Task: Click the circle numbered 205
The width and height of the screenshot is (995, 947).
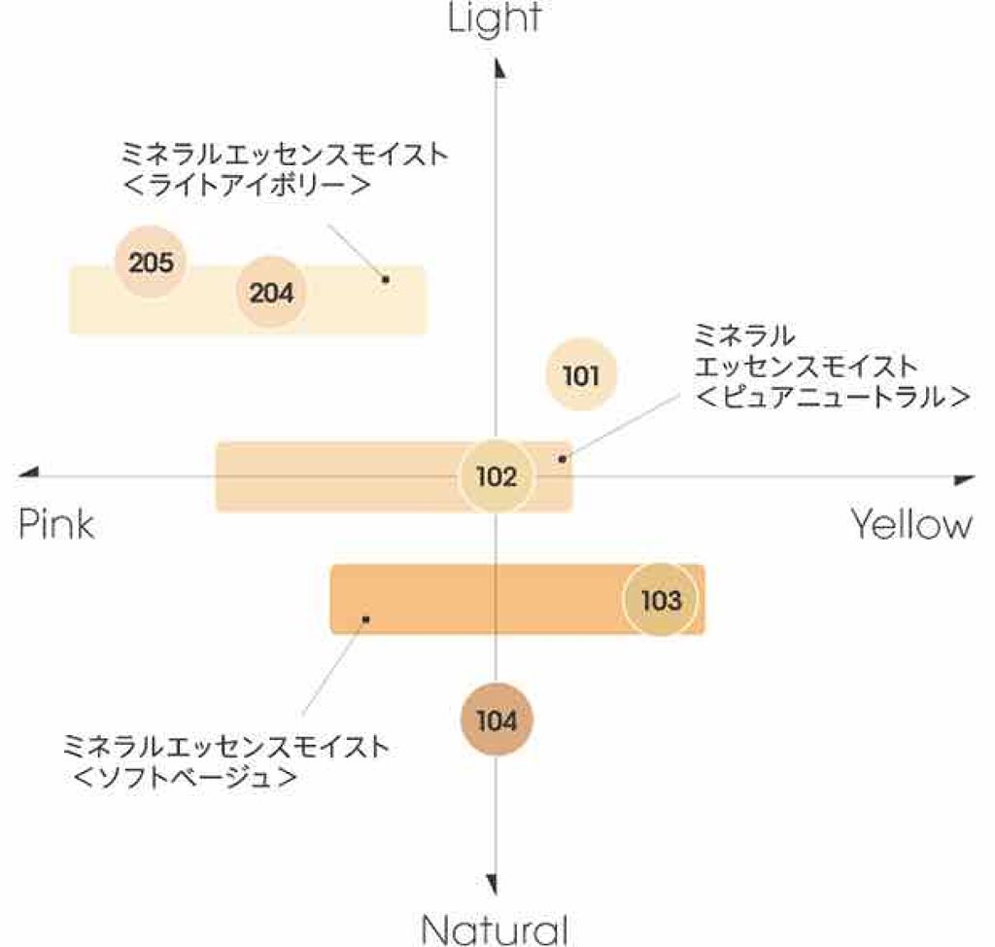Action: pos(151,262)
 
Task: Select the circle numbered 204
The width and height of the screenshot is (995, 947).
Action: pos(271,292)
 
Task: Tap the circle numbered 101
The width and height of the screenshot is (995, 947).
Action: pos(580,375)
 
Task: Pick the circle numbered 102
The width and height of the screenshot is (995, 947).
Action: pos(497,476)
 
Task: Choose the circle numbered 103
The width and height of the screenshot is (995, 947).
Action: pos(661,600)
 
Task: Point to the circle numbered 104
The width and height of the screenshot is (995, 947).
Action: pos(497,720)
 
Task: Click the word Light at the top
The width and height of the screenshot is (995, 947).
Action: pos(495,18)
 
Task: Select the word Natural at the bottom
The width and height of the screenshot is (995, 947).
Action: pos(495,928)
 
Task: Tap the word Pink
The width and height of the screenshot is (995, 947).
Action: pos(56,525)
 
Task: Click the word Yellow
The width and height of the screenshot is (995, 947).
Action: pos(911,525)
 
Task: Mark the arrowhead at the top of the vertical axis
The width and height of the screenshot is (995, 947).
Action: pos(497,68)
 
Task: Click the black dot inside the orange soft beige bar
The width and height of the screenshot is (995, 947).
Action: pos(366,618)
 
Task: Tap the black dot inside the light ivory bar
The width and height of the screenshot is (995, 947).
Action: pos(386,279)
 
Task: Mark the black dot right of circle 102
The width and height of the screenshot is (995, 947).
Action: pos(562,457)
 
